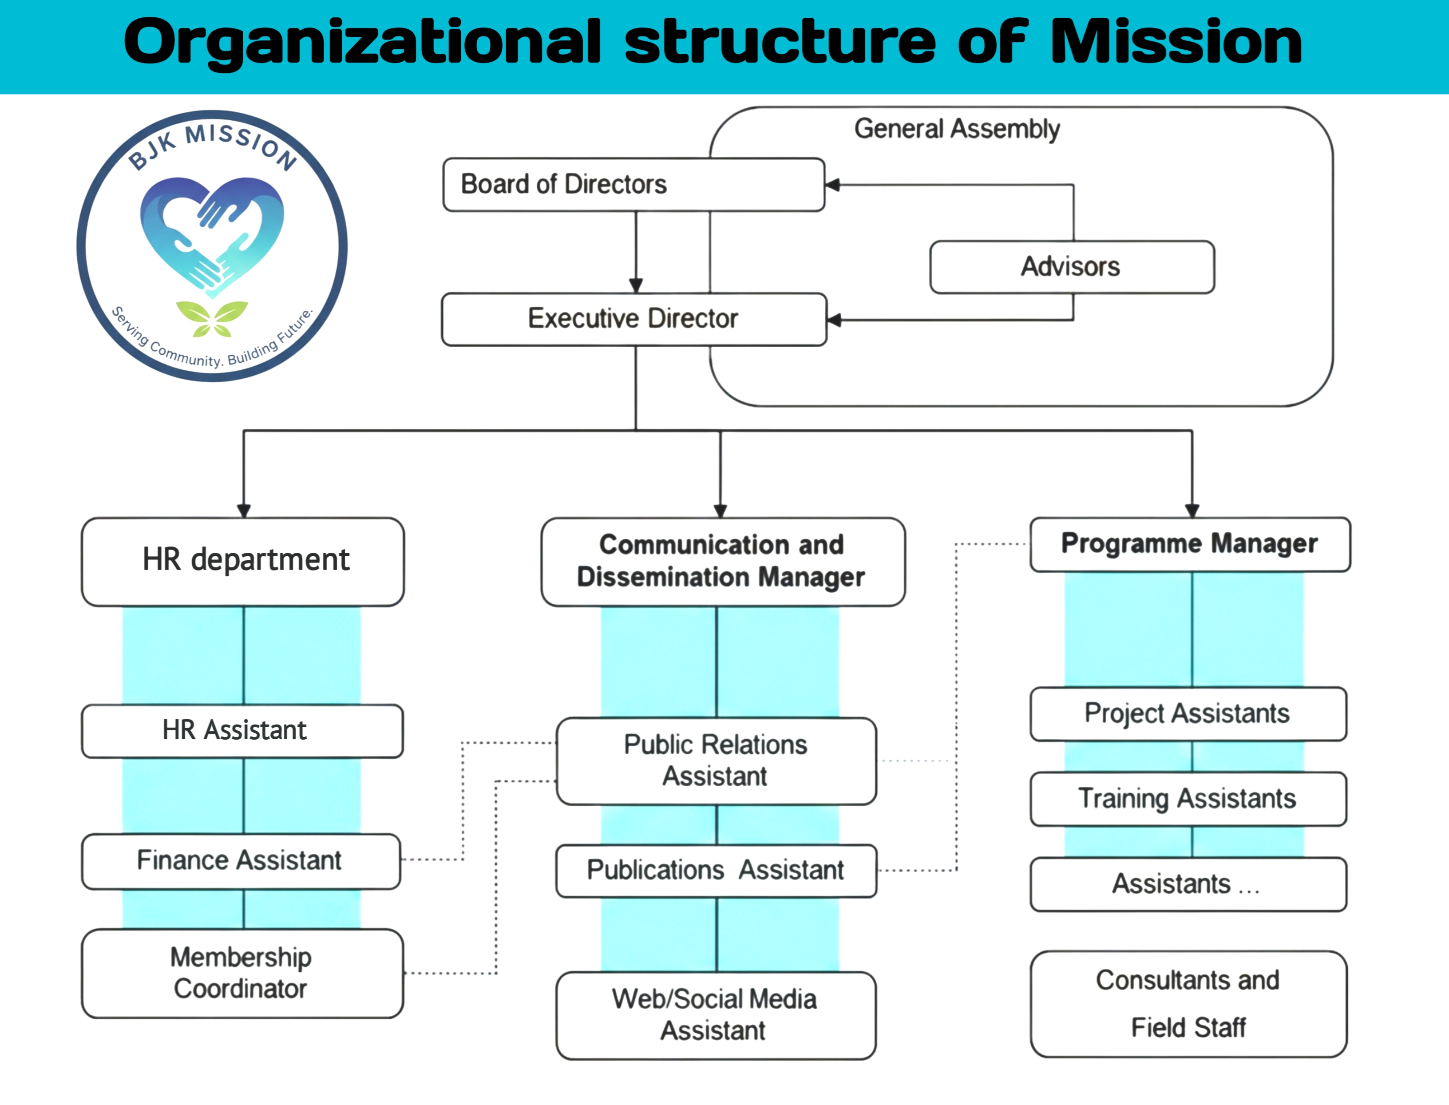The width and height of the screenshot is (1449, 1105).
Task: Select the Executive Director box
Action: tap(633, 319)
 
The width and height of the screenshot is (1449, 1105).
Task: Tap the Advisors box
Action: tap(1072, 266)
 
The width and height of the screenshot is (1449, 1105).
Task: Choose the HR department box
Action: tap(243, 561)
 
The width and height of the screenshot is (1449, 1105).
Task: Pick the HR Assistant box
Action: tap(242, 731)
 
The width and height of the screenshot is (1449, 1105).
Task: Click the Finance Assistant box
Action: tap(241, 861)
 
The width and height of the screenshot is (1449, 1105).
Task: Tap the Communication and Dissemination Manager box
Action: tap(722, 561)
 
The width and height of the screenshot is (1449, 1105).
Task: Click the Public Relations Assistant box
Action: tap(716, 760)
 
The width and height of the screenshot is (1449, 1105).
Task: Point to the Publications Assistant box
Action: tap(716, 870)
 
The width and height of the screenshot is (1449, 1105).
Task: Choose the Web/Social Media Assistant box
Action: tap(715, 1015)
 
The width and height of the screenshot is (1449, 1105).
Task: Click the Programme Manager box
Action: tap(1189, 544)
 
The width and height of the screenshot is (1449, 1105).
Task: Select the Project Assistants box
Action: tap(1188, 713)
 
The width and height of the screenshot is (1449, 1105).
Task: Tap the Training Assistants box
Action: tap(1188, 799)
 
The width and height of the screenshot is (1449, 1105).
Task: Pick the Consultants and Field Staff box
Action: tap(1188, 1004)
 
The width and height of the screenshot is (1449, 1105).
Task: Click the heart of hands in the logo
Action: tap(212, 234)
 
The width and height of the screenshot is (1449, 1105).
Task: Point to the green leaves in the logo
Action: tap(212, 318)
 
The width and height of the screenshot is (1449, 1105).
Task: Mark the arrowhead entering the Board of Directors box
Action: tap(833, 185)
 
